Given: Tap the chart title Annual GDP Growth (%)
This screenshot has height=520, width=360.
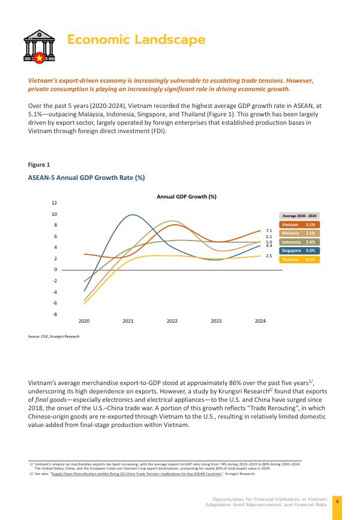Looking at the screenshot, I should tap(187, 197).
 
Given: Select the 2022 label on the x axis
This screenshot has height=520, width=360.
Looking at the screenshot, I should tap(172, 321).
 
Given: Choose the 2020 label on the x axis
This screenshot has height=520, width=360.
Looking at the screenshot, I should tap(84, 321).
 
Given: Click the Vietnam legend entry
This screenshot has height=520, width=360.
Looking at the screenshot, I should tap(299, 224).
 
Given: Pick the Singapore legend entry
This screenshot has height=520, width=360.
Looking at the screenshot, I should tap(299, 250).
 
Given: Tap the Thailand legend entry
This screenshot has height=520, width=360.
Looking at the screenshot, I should tap(299, 259).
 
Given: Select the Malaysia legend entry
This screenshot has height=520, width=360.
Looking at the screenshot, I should tap(299, 233).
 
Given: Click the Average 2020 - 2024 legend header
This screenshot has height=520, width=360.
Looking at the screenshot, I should tap(299, 215).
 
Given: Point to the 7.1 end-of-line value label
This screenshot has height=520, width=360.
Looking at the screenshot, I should tap(269, 230).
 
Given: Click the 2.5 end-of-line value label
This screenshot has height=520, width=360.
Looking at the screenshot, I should tap(269, 256).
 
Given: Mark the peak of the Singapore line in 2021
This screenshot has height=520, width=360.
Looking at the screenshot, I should tap(132, 215).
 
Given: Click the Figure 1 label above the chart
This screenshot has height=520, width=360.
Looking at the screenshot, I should tap(39, 164).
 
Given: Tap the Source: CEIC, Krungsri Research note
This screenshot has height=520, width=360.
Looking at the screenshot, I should tap(53, 336).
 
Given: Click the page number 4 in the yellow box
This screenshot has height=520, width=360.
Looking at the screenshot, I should tap(337, 501).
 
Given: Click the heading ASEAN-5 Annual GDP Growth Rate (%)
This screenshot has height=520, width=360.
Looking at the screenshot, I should tap(86, 178).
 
